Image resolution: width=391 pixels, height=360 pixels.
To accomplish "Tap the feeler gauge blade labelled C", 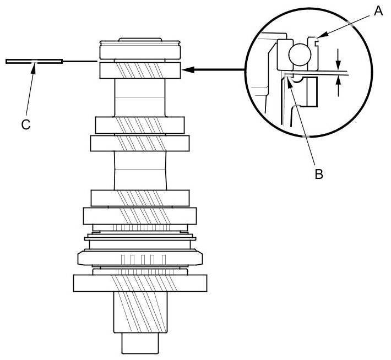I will tap(33, 61).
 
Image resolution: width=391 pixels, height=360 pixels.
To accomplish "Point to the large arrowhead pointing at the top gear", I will tap(187, 70).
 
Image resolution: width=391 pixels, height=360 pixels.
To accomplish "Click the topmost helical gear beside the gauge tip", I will tap(140, 70).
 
